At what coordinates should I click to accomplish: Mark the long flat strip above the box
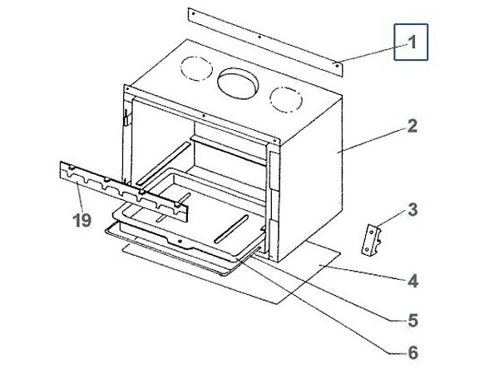(x=264, y=40)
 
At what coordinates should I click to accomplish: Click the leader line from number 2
(x=370, y=139)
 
